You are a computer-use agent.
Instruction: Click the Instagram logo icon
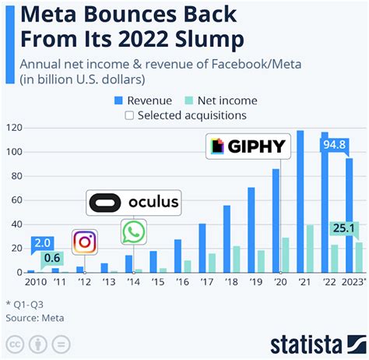pyautogui.click(x=84, y=242)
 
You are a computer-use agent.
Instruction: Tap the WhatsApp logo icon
pyautogui.click(x=133, y=232)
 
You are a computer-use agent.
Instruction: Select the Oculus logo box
pyautogui.click(x=133, y=203)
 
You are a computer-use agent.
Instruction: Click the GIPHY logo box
pyautogui.click(x=243, y=146)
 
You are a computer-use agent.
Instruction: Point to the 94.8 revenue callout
pyautogui.click(x=336, y=143)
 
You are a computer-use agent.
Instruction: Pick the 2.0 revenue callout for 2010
pyautogui.click(x=42, y=243)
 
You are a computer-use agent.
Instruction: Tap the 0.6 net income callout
pyautogui.click(x=52, y=258)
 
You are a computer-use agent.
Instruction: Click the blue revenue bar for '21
pyautogui.click(x=300, y=201)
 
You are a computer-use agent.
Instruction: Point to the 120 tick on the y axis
pyautogui.click(x=13, y=127)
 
